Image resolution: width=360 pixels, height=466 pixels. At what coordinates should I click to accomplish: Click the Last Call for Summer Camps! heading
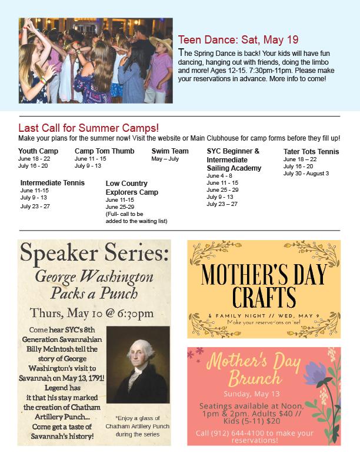pyautogui.click(x=88, y=128)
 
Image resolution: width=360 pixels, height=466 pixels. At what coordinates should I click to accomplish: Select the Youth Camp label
pyautogui.click(x=38, y=151)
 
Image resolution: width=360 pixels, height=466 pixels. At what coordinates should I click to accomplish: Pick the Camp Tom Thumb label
pyautogui.click(x=104, y=151)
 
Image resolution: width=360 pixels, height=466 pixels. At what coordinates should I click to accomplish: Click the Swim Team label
pyautogui.click(x=170, y=151)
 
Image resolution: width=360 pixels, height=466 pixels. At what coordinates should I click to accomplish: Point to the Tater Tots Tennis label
pyautogui.click(x=311, y=152)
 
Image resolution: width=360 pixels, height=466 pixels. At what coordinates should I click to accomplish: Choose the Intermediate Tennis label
pyautogui.click(x=52, y=183)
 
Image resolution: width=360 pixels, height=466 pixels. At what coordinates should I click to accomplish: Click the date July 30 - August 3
pyautogui.click(x=306, y=174)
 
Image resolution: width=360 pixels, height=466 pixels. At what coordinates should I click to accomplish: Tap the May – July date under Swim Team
pyautogui.click(x=165, y=159)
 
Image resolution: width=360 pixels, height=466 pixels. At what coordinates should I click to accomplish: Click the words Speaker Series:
pyautogui.click(x=94, y=254)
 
